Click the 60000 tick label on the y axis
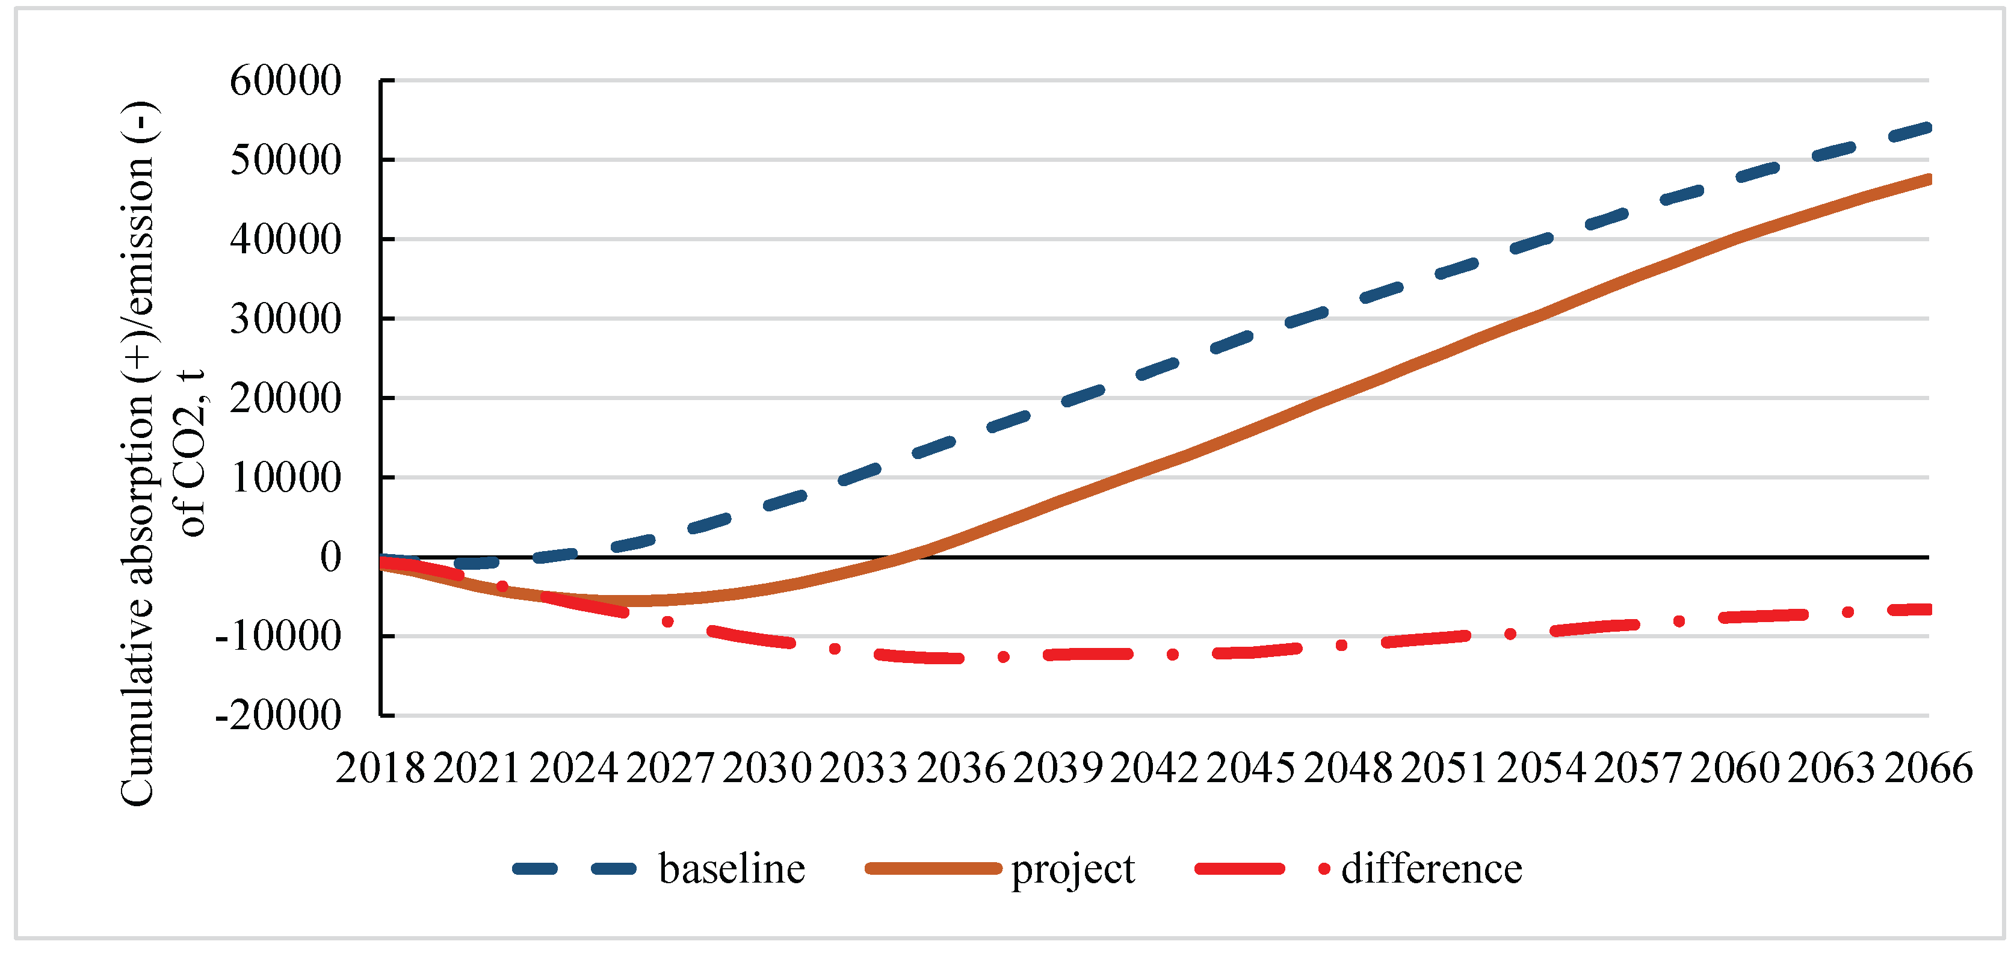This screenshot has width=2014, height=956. pyautogui.click(x=285, y=81)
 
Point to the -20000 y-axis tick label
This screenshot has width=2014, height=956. pyautogui.click(x=279, y=715)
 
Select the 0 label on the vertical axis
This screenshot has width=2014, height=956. pyautogui.click(x=331, y=557)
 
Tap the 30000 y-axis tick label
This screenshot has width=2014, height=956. pyautogui.click(x=285, y=319)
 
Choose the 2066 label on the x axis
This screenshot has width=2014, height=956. pyautogui.click(x=1928, y=768)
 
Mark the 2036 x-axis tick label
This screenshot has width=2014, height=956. pyautogui.click(x=961, y=768)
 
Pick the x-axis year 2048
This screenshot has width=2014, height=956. pyautogui.click(x=1348, y=768)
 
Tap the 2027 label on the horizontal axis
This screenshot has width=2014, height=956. pyautogui.click(x=670, y=768)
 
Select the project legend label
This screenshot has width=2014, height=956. pyautogui.click(x=1073, y=870)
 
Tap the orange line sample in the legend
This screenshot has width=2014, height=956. pyautogui.click(x=933, y=868)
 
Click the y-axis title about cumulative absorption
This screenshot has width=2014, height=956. pyautogui.click(x=160, y=454)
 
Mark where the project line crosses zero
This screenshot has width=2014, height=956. pyautogui.click(x=907, y=557)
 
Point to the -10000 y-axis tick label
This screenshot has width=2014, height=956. pyautogui.click(x=279, y=637)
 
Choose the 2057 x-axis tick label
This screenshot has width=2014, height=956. pyautogui.click(x=1638, y=768)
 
